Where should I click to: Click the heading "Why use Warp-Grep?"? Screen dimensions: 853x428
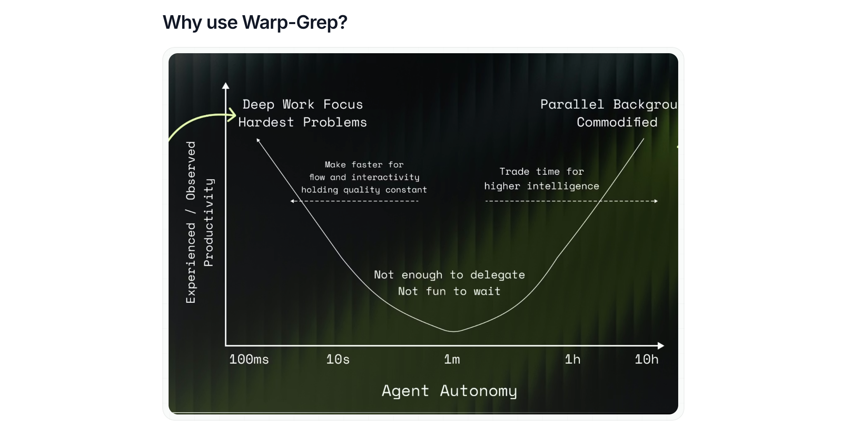[x=255, y=22]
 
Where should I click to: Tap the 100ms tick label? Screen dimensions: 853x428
[x=249, y=359]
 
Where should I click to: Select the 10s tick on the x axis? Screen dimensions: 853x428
[x=338, y=359]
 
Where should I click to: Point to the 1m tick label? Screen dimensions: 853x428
[x=452, y=359]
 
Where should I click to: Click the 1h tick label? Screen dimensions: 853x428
[x=573, y=359]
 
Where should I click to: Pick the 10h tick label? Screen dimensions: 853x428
[x=646, y=359]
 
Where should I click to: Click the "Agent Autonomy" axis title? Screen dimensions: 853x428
[x=449, y=391]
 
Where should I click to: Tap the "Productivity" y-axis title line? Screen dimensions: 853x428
[x=209, y=223]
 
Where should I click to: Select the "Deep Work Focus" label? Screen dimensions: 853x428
[x=303, y=104]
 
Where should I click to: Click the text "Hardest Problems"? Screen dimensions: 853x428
[x=303, y=122]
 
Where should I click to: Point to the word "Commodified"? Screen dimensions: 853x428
[x=617, y=122]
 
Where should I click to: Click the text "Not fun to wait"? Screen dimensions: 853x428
[x=449, y=291]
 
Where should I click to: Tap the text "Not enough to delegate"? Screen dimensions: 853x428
[x=449, y=275]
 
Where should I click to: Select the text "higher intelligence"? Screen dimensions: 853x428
[x=541, y=186]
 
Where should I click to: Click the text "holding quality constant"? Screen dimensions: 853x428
[x=364, y=190]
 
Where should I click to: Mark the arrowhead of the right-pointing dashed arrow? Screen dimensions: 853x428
[x=656, y=201]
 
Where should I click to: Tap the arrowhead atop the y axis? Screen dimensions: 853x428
[x=226, y=86]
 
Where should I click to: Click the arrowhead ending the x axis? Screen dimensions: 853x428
[x=661, y=346]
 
